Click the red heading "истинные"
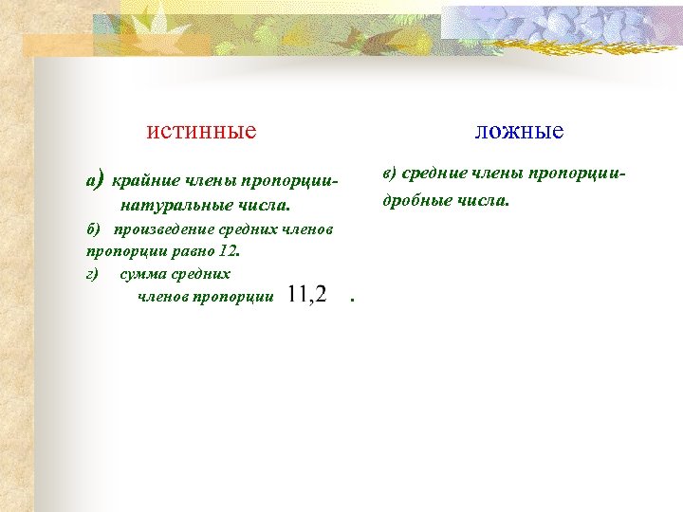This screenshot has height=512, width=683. [x=201, y=130]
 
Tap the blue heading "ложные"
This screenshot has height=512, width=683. [x=519, y=130]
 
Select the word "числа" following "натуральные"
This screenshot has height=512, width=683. [x=266, y=205]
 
